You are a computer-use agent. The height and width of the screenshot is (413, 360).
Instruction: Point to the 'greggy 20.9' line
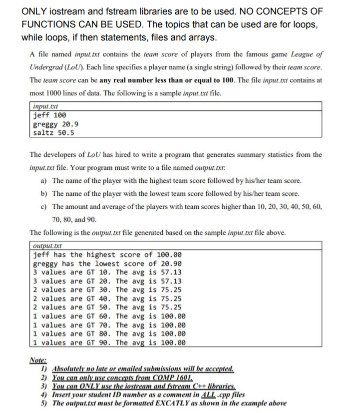click(x=55, y=124)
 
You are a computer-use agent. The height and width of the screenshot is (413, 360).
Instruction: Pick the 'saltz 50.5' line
click(x=53, y=132)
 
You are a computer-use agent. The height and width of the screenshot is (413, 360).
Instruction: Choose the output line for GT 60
click(x=109, y=316)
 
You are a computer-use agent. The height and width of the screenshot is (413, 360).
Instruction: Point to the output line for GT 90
click(x=109, y=342)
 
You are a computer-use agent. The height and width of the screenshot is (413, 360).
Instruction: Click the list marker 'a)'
click(x=43, y=180)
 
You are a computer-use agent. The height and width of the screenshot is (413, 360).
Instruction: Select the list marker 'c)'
click(x=43, y=206)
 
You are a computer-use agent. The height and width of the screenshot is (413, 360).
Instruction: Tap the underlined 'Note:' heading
click(x=37, y=360)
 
